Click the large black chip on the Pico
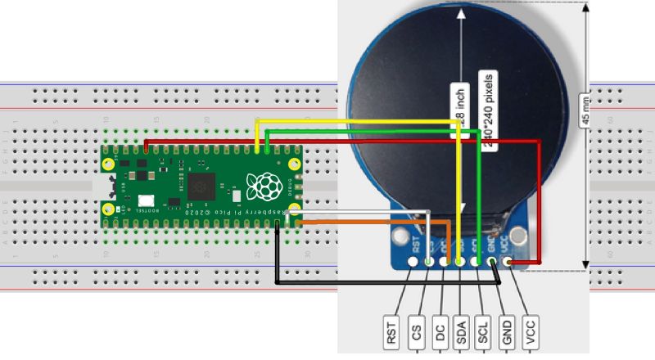pyautogui.click(x=200, y=187)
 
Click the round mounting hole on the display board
pyautogui.click(x=401, y=239)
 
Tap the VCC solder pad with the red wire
pyautogui.click(x=509, y=263)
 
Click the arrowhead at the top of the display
pyautogui.click(x=462, y=13)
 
